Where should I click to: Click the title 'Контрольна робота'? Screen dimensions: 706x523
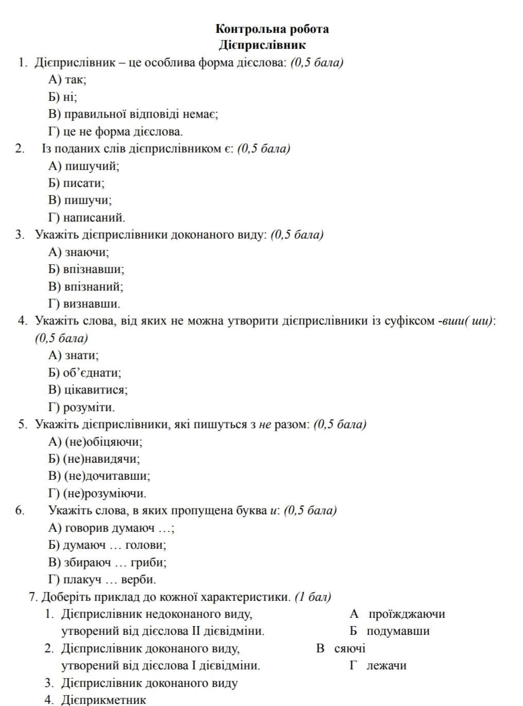click(272, 29)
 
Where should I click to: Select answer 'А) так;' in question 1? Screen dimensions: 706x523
click(67, 79)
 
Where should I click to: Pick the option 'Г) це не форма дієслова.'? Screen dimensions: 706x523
click(115, 131)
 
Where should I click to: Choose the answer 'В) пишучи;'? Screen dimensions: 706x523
click(80, 200)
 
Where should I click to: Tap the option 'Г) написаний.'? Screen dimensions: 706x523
click(86, 217)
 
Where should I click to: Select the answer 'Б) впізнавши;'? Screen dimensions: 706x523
click(86, 269)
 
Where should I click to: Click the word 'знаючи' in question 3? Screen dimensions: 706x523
click(86, 252)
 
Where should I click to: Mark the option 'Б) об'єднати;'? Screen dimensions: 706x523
click(85, 373)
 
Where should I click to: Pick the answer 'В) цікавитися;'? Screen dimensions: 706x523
click(88, 390)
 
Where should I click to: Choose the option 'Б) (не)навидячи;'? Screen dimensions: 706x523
click(94, 459)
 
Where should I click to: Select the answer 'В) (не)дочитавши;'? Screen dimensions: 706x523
click(99, 476)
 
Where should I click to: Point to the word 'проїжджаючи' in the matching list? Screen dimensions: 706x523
click(407, 614)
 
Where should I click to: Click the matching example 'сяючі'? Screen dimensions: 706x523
click(350, 648)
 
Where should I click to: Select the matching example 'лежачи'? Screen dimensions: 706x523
click(386, 665)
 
